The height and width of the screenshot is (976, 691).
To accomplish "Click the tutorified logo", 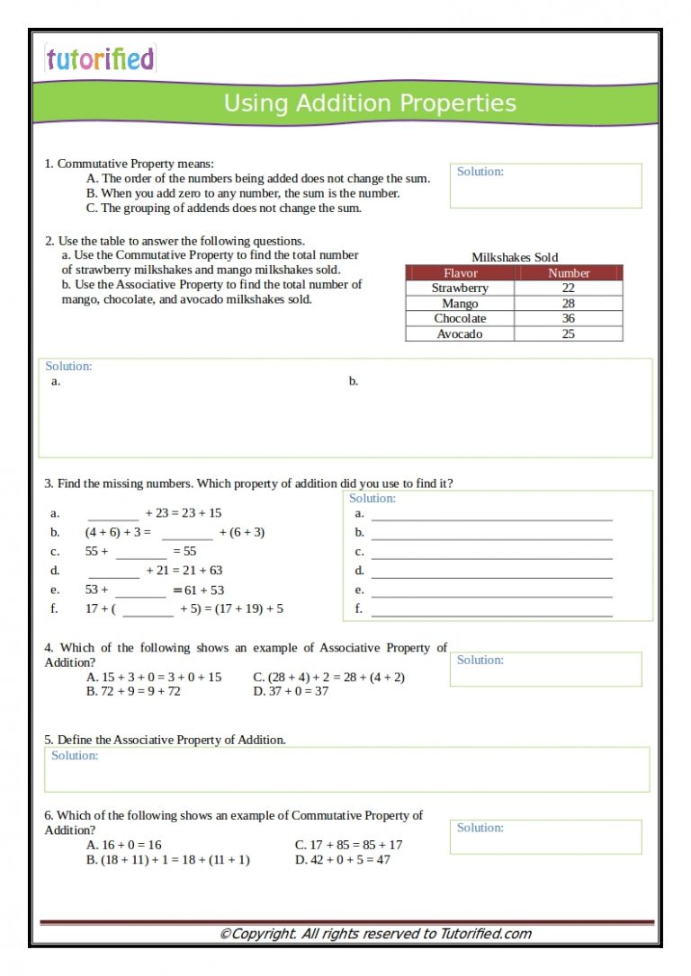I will coord(100,59).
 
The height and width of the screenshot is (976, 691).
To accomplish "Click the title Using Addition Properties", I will coord(370,103).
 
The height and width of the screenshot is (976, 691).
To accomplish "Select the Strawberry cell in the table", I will coord(460,288).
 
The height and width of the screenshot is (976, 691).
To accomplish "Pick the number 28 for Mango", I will coord(568,304).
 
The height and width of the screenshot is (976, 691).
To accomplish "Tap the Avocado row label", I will coord(460,334).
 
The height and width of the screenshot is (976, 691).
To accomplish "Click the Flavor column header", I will coord(460,273).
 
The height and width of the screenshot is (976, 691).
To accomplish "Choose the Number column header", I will coord(568,273).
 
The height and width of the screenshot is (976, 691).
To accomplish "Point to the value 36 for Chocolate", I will coord(568,319).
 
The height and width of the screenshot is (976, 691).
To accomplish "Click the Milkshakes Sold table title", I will coord(515,257).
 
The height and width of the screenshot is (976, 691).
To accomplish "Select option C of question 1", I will coord(224,209).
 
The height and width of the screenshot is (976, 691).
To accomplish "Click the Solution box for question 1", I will coord(545,186).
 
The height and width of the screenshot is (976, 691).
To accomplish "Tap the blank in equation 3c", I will coord(140,553).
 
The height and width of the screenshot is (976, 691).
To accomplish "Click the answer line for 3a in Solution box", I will coord(491,515).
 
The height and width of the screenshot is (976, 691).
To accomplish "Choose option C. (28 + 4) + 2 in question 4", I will coord(328,678).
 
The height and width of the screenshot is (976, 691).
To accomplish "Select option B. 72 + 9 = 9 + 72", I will coord(133,692).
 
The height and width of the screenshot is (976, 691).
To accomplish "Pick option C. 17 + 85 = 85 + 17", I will coord(348,846).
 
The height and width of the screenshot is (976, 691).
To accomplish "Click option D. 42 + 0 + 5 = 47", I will coord(342,860).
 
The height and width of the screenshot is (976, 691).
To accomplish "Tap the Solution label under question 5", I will coord(75,756).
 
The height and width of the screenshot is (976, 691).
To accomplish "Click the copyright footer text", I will coord(375,934).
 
